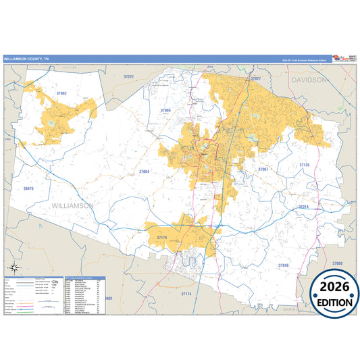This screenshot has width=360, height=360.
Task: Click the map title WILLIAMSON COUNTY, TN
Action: coord(26,59)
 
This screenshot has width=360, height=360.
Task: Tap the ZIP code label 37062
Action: coord(61,93)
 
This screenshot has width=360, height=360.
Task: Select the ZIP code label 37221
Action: coord(129,78)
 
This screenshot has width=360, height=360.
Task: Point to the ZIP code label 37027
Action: coord(255,79)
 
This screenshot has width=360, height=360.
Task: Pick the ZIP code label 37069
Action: coord(165,109)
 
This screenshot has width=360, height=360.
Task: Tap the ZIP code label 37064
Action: coord(144,172)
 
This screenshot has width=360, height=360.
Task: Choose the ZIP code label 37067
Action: coord(263,169)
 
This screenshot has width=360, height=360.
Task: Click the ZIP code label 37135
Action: coord(304,165)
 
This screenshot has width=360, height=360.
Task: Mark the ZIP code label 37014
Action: coord(302,207)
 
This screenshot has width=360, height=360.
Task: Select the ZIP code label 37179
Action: coord(162,238)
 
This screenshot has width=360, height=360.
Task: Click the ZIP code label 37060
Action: coord(337,263)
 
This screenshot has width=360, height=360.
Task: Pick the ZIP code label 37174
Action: coord(186,294)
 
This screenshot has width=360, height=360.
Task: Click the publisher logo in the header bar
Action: coord(342,59)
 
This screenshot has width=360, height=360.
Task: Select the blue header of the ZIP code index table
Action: coord(84,279)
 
